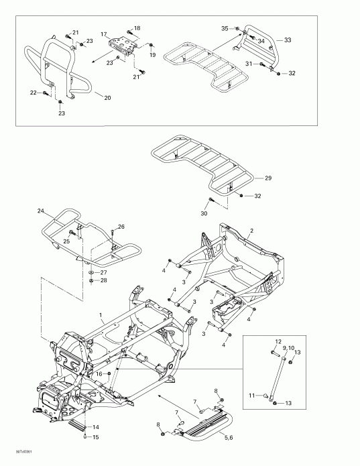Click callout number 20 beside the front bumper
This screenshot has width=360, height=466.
tap(108, 97)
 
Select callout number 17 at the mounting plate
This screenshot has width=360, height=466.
tap(104, 34)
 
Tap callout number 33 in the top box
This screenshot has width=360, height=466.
tap(288, 40)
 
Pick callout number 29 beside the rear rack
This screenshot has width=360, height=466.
tap(268, 178)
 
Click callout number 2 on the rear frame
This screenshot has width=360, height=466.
tap(251, 231)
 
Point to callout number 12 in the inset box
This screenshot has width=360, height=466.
tap(278, 342)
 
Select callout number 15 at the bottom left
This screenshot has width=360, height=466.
tap(95, 438)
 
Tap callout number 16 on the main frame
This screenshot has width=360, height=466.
tap(98, 373)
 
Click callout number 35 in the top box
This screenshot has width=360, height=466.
tap(225, 28)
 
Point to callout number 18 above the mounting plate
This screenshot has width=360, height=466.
tap(137, 28)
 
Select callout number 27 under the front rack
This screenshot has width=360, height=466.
tap(103, 273)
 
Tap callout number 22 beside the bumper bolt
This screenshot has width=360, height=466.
tap(33, 93)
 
